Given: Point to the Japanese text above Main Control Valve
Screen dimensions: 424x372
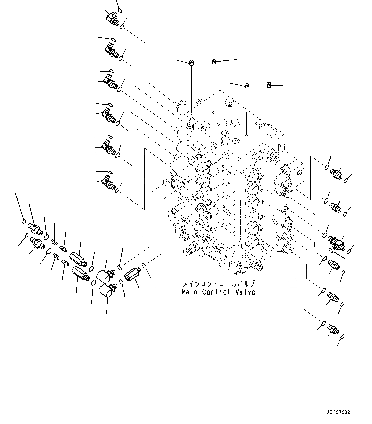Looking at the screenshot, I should click(218, 284).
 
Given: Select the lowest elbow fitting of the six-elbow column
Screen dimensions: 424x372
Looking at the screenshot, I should click(108, 183).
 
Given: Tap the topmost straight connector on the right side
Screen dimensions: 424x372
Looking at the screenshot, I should click(336, 173).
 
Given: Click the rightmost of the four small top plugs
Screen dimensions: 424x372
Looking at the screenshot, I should click(269, 85).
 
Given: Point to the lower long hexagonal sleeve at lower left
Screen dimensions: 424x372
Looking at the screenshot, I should click(80, 272).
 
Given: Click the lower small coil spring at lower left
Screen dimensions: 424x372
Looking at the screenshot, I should click(56, 256).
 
